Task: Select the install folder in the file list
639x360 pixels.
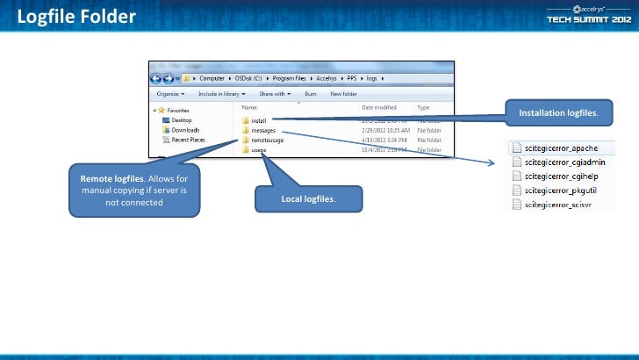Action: click(258, 120)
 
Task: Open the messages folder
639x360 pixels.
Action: click(262, 130)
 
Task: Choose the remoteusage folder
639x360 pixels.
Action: click(267, 140)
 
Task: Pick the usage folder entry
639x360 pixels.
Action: click(258, 150)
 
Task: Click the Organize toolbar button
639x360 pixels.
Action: click(170, 93)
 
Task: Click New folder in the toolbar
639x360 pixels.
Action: click(343, 93)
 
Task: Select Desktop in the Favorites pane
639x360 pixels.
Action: click(182, 120)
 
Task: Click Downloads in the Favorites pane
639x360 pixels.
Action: click(184, 130)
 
